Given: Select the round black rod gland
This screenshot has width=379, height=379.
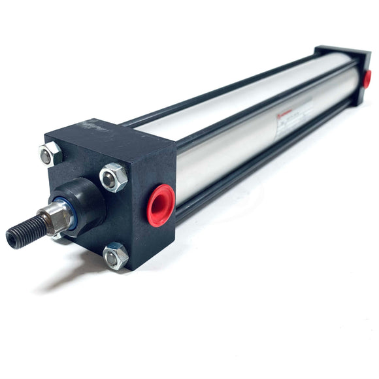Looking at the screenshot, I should [x=88, y=202].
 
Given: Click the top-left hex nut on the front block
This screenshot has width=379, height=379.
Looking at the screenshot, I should [x=50, y=155].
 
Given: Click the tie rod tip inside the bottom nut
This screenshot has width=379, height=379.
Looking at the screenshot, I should [x=114, y=258].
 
